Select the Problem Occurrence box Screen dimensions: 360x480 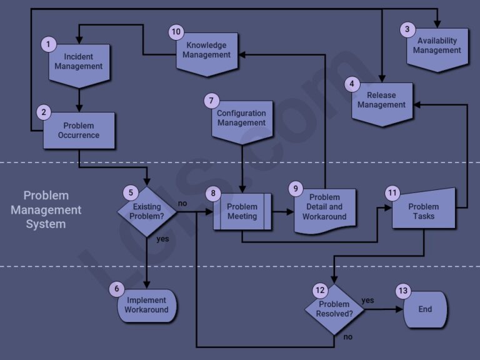coord(79,130)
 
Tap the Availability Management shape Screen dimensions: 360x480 coord(437,47)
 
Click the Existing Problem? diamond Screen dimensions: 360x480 coord(147,212)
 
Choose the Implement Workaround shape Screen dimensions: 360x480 coord(147,306)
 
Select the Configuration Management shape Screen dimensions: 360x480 coord(242,119)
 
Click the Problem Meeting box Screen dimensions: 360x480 coord(242,212)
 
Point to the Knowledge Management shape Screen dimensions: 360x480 coord(206,51)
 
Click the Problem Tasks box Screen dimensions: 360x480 coord(424,212)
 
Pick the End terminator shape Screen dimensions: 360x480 coord(425,309)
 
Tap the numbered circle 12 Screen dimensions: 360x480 coord(319,290)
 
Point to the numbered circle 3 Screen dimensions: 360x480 coord(407,29)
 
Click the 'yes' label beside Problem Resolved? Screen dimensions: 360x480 coord(367,301)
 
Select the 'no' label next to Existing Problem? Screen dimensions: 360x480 coord(182,204)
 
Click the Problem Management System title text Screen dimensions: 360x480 coord(46,209)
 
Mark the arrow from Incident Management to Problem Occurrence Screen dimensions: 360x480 coord(79,99)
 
